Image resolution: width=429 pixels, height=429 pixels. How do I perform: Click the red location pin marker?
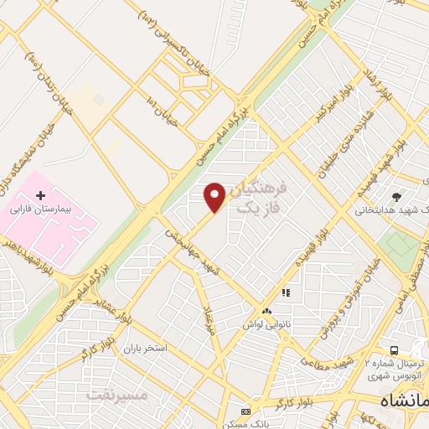click(x=214, y=196)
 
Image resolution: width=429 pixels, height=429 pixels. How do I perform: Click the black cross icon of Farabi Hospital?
click(x=39, y=195)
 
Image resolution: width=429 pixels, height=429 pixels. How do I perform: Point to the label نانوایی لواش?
click(x=266, y=312)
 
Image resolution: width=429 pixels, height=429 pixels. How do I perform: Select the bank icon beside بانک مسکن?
click(x=246, y=411)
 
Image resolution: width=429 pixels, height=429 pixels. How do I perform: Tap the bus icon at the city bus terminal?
click(x=394, y=349)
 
